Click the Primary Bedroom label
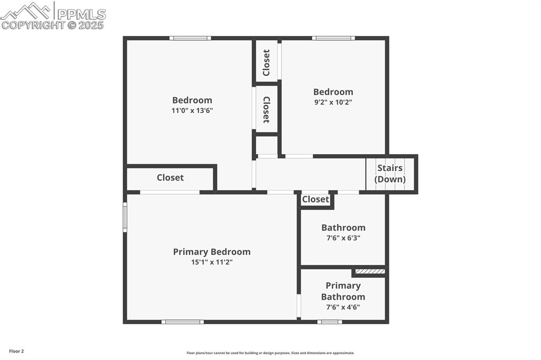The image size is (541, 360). [211, 252]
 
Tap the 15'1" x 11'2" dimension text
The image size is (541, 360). [211, 262]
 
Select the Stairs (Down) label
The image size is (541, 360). [390, 174]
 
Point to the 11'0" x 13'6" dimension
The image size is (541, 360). [192, 110]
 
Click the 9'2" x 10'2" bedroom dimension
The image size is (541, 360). [333, 102]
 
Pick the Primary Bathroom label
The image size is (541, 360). [343, 291]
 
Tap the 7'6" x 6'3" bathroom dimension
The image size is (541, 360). [343, 238]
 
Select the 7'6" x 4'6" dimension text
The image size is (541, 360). [343, 307]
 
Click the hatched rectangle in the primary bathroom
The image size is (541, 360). [369, 271]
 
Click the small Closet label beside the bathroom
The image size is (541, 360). [315, 199]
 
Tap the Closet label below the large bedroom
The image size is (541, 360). [170, 177]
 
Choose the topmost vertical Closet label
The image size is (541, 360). [267, 62]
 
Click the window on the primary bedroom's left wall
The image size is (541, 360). [125, 217]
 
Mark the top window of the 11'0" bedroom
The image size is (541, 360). [190, 38]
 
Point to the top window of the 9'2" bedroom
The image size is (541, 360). [333, 38]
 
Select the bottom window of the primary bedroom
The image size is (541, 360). [182, 321]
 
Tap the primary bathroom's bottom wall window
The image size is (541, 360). [330, 321]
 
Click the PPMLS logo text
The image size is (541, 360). [81, 14]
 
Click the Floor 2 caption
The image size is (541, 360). [16, 351]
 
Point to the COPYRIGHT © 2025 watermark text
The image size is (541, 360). [53, 25]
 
